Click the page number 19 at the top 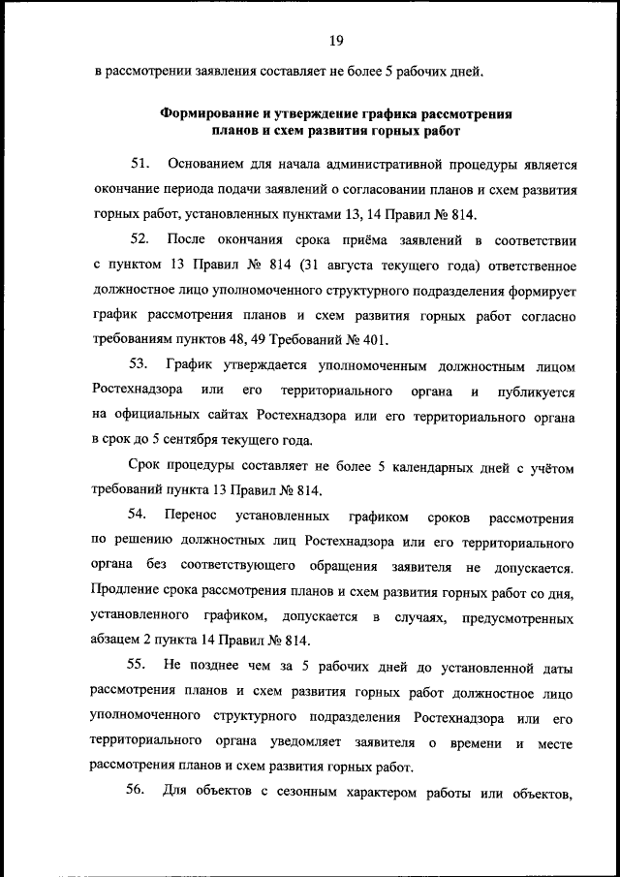[x=336, y=41]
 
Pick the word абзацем [x=119, y=642]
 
